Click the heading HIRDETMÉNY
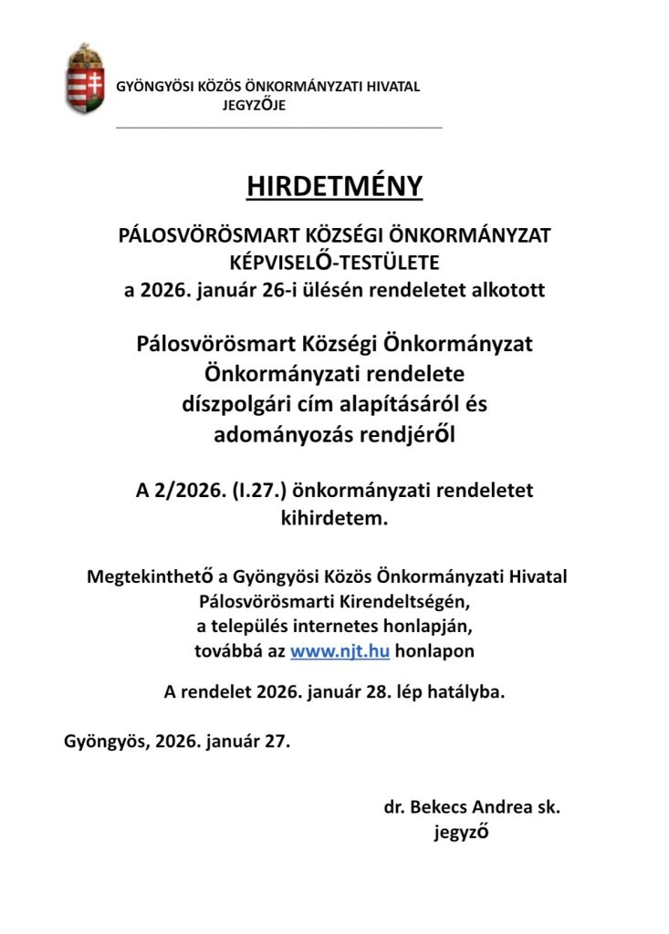[x=334, y=186]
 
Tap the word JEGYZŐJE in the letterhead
[x=254, y=106]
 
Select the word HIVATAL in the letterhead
[x=392, y=88]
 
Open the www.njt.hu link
[x=340, y=652]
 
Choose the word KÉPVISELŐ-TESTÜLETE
[x=334, y=264]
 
